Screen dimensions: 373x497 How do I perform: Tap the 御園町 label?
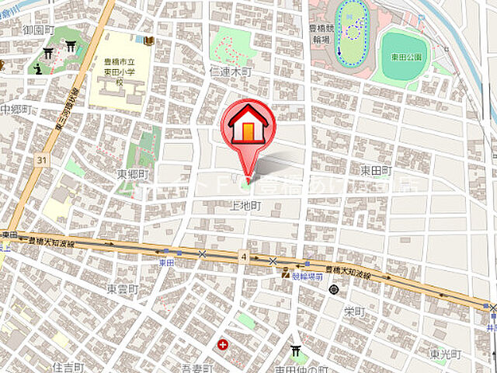tap(37, 30)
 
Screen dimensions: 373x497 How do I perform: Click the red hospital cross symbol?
tap(223, 343)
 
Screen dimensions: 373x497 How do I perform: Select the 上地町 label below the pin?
tap(246, 206)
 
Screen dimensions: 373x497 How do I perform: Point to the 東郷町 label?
tap(132, 173)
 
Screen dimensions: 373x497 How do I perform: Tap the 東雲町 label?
tap(122, 289)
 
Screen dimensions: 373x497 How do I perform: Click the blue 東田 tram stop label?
tap(166, 263)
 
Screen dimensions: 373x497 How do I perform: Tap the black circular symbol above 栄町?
tap(333, 290)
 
